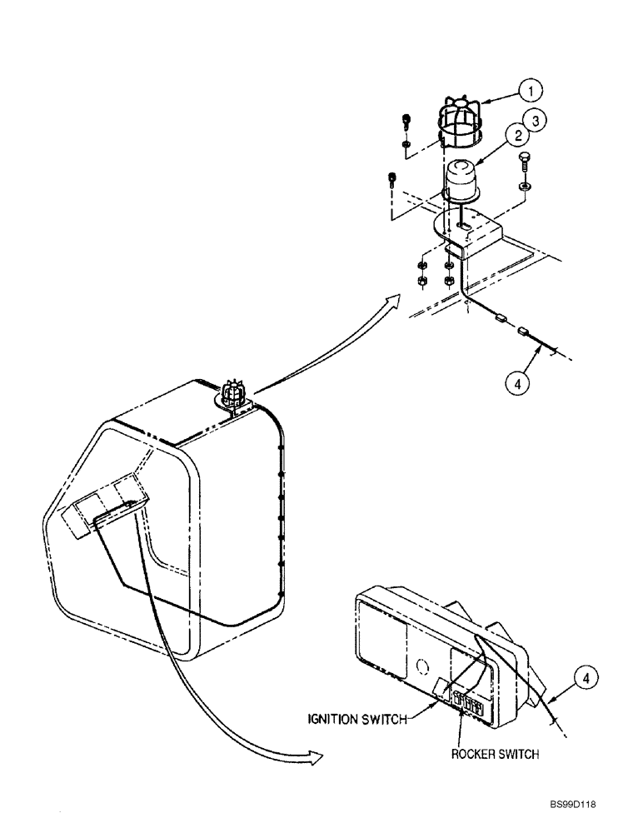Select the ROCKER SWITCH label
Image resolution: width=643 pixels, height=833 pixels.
(x=496, y=754)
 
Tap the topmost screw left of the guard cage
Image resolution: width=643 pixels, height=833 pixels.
(x=406, y=120)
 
